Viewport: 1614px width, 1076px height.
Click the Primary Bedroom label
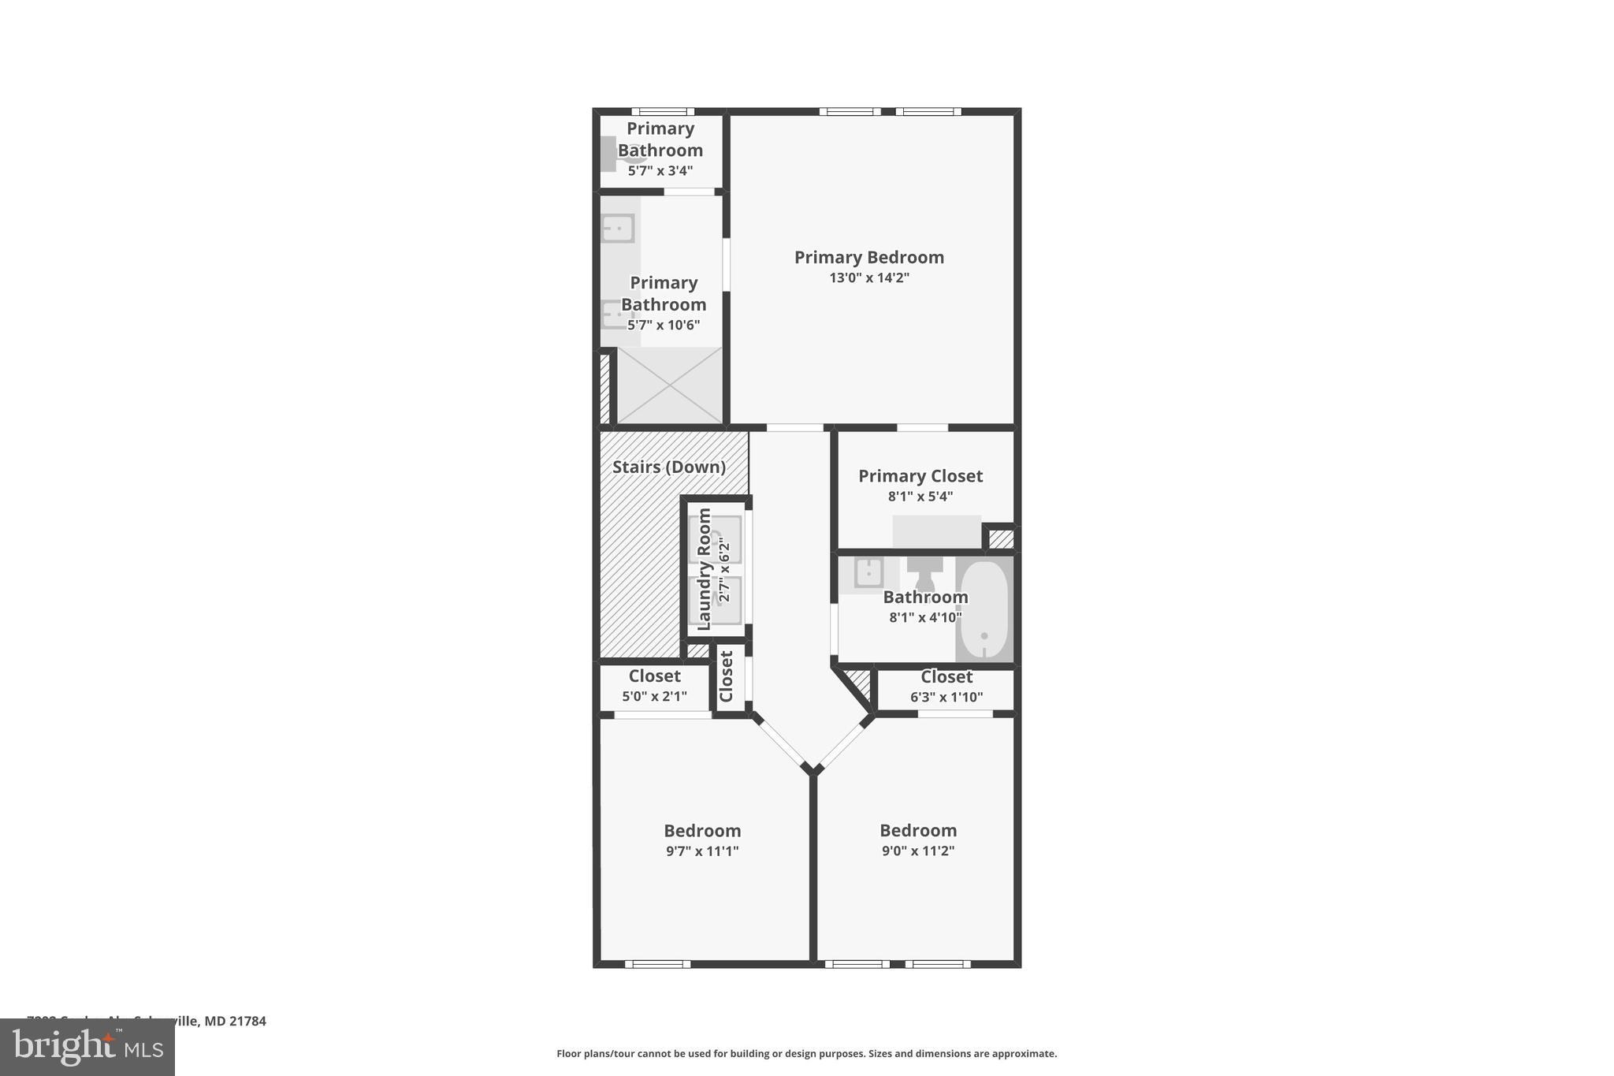(x=868, y=257)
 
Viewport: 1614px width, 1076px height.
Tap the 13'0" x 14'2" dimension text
(x=868, y=277)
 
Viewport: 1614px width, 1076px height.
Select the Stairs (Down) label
(x=669, y=467)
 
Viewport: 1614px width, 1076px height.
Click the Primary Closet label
(x=920, y=476)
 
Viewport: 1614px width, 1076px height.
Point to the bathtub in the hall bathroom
(x=984, y=609)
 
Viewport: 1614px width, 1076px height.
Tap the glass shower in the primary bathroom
(x=669, y=386)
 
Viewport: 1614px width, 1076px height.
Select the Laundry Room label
(x=705, y=568)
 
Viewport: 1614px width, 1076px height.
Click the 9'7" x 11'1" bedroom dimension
(x=702, y=851)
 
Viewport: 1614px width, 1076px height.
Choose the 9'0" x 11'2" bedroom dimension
(x=918, y=851)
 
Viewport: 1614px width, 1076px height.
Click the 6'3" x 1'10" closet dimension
(x=946, y=697)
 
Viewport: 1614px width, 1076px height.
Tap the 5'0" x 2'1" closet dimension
(x=654, y=697)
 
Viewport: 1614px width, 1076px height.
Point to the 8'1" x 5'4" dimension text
(x=920, y=497)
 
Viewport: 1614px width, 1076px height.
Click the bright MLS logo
(x=87, y=1047)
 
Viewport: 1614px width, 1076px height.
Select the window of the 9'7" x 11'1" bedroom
(x=657, y=964)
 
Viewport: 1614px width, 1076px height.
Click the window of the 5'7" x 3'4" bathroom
(x=662, y=112)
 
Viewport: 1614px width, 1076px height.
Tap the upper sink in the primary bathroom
(x=618, y=229)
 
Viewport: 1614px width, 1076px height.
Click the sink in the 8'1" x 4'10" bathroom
(x=868, y=573)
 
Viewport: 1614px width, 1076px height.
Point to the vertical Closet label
(x=727, y=676)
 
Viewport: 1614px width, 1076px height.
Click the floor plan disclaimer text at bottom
(x=806, y=1054)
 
